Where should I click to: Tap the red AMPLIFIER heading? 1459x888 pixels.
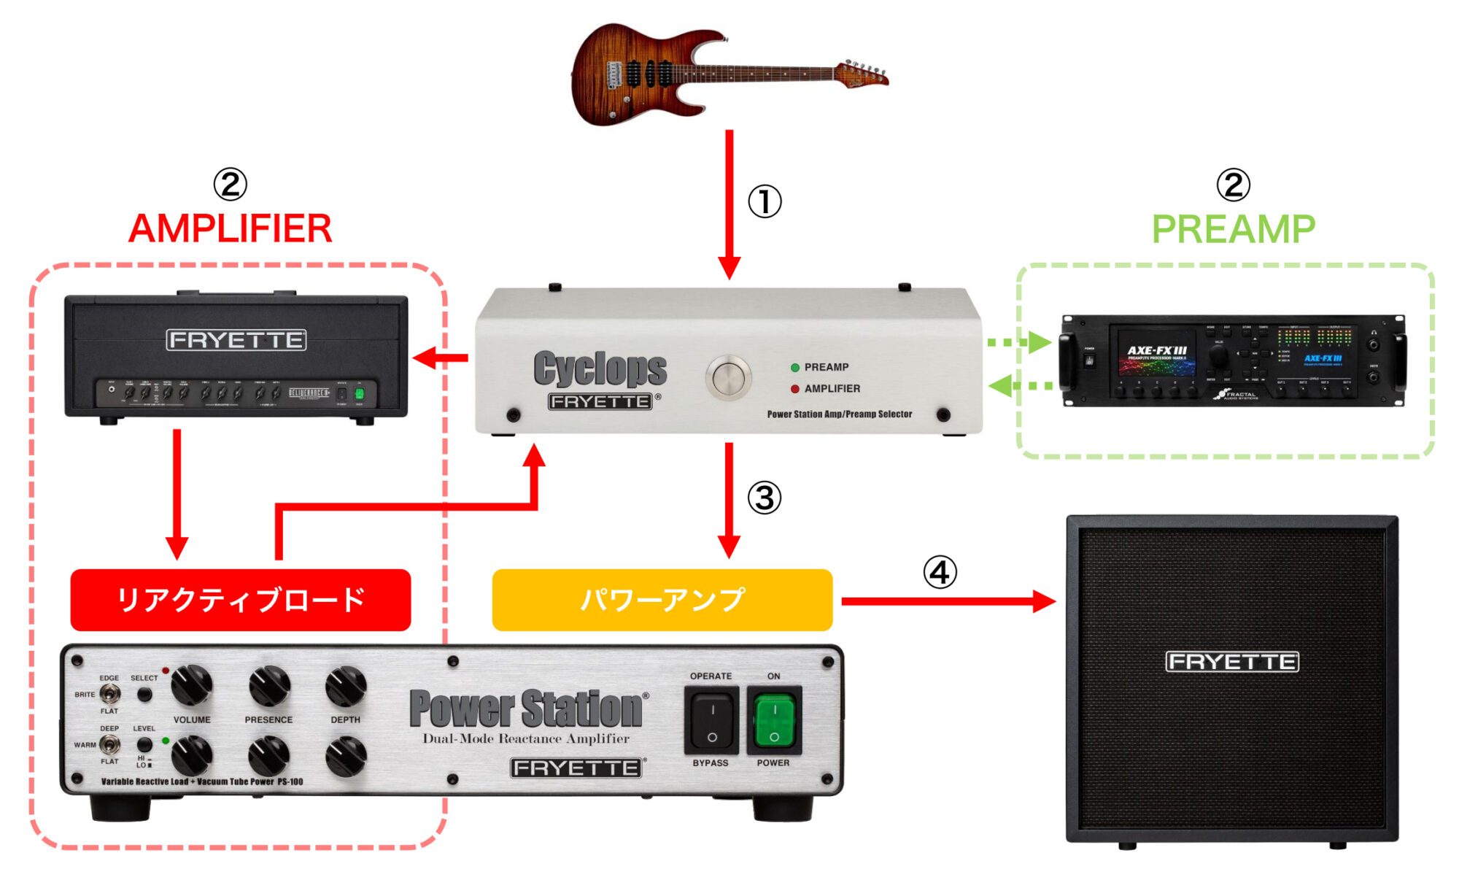[x=231, y=228]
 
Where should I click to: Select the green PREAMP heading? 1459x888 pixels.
[x=1233, y=229]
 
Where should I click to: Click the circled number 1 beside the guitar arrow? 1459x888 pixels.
[x=765, y=201]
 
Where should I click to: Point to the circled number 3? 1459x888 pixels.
[x=764, y=498]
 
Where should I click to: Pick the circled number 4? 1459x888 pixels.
[x=940, y=573]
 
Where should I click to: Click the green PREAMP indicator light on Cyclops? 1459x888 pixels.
[x=795, y=368]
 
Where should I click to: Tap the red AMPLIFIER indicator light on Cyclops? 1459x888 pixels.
[x=795, y=389]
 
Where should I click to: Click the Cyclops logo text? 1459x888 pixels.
[x=600, y=368]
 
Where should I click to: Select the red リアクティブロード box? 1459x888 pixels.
[x=241, y=600]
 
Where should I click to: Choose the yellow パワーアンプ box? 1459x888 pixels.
[x=662, y=600]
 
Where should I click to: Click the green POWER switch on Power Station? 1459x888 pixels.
[x=774, y=721]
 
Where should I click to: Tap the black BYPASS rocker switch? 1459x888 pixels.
[x=711, y=721]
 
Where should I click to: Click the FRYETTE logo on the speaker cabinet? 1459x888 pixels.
[x=1232, y=662]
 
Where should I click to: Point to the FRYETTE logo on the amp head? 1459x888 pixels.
[x=236, y=340]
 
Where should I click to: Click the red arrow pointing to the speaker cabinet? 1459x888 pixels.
[x=948, y=602]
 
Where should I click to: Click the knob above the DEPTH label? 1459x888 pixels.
[x=346, y=687]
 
